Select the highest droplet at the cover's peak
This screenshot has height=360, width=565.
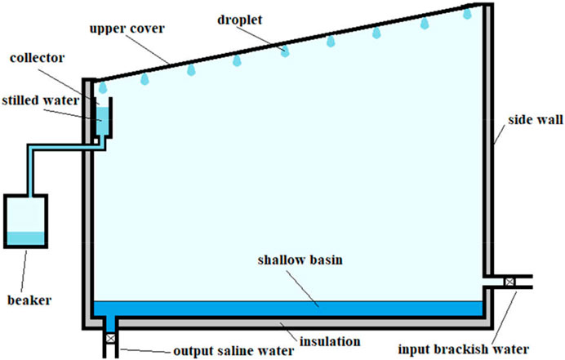click(x=467, y=14)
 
